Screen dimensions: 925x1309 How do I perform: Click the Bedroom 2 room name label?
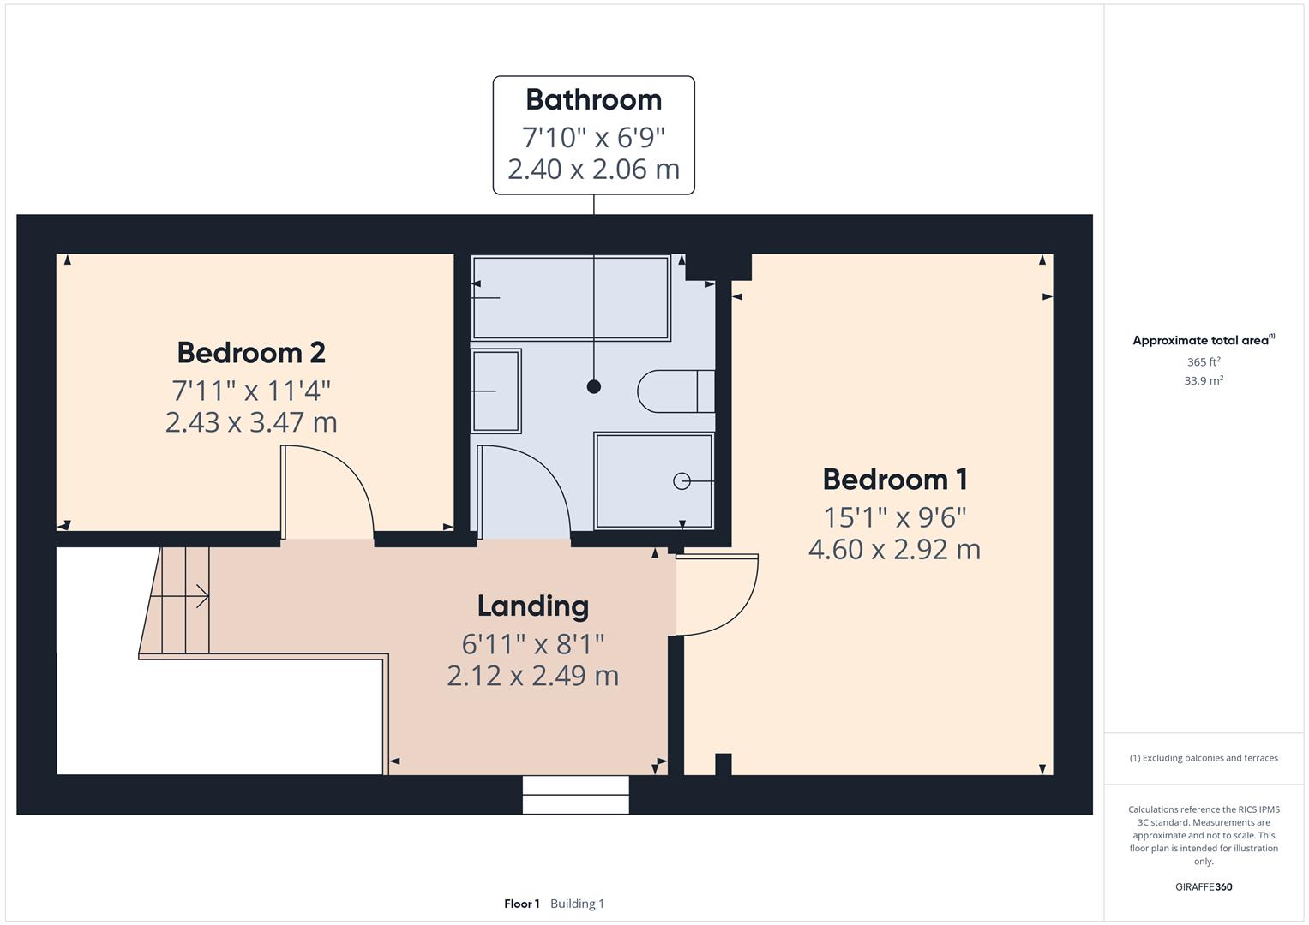tap(251, 353)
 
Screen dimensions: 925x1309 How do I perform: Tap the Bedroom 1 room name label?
tap(895, 480)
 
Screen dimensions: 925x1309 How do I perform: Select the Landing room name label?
tap(532, 606)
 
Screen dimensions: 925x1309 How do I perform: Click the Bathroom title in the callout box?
tap(593, 100)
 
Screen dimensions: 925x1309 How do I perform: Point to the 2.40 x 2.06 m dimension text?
tap(593, 170)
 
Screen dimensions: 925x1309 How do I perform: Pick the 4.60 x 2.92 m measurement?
tap(894, 549)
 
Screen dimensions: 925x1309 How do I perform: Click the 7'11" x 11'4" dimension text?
tap(251, 391)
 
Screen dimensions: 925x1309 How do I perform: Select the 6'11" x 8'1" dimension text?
tap(532, 643)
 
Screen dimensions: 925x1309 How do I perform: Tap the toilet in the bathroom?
tap(676, 391)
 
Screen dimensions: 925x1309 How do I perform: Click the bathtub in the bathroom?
tap(570, 297)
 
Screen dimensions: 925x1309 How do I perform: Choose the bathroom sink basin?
tap(496, 391)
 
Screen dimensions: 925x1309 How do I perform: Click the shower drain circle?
tap(682, 481)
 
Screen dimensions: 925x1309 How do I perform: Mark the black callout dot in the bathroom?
tap(593, 387)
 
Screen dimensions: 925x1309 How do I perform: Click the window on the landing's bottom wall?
tap(575, 795)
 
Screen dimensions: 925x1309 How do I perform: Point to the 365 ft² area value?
tap(1203, 362)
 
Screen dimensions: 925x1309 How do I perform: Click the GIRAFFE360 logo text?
tap(1203, 887)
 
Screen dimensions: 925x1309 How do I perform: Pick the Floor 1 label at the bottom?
tap(521, 904)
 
